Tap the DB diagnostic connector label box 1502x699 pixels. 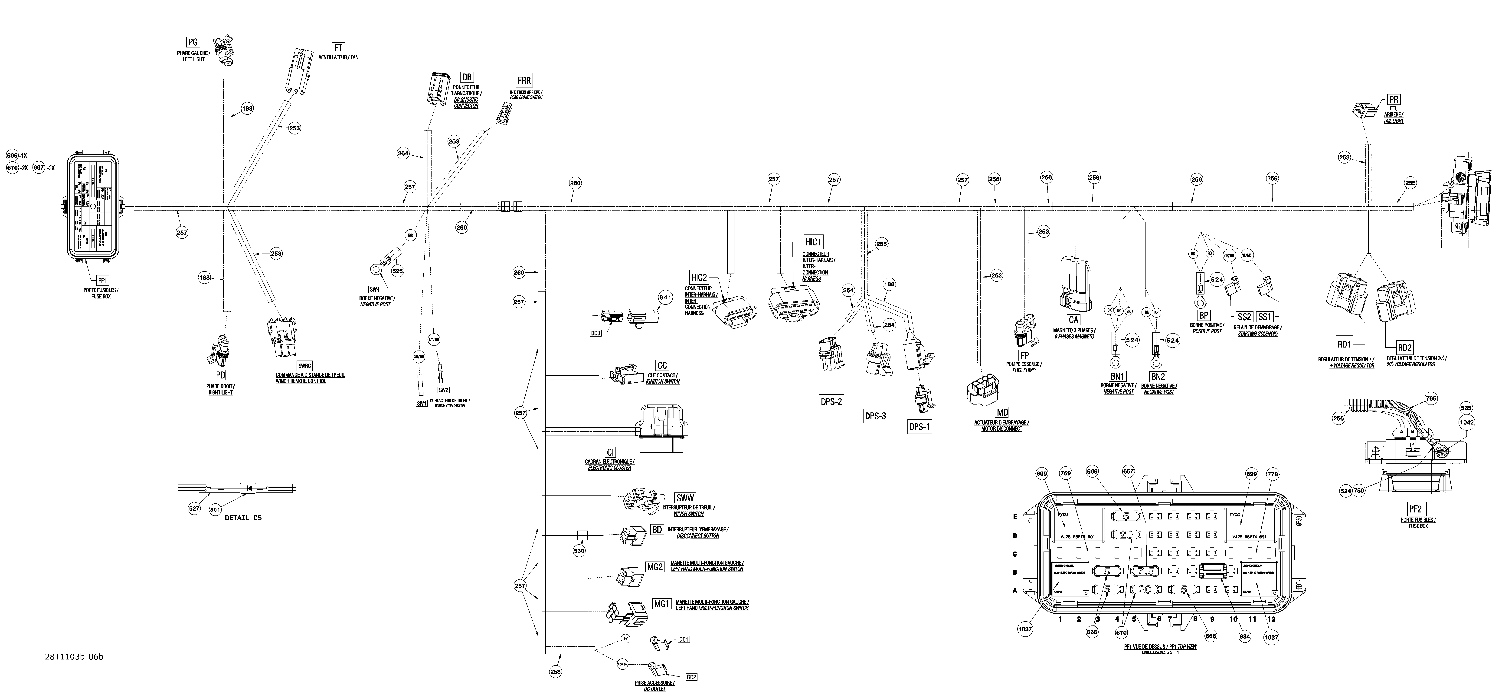(x=466, y=77)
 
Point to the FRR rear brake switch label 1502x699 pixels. (x=524, y=80)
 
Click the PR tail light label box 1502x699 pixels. (x=1394, y=100)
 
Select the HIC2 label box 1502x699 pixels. (x=699, y=277)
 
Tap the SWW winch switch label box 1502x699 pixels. (x=684, y=498)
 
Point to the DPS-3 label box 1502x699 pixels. (x=875, y=416)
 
